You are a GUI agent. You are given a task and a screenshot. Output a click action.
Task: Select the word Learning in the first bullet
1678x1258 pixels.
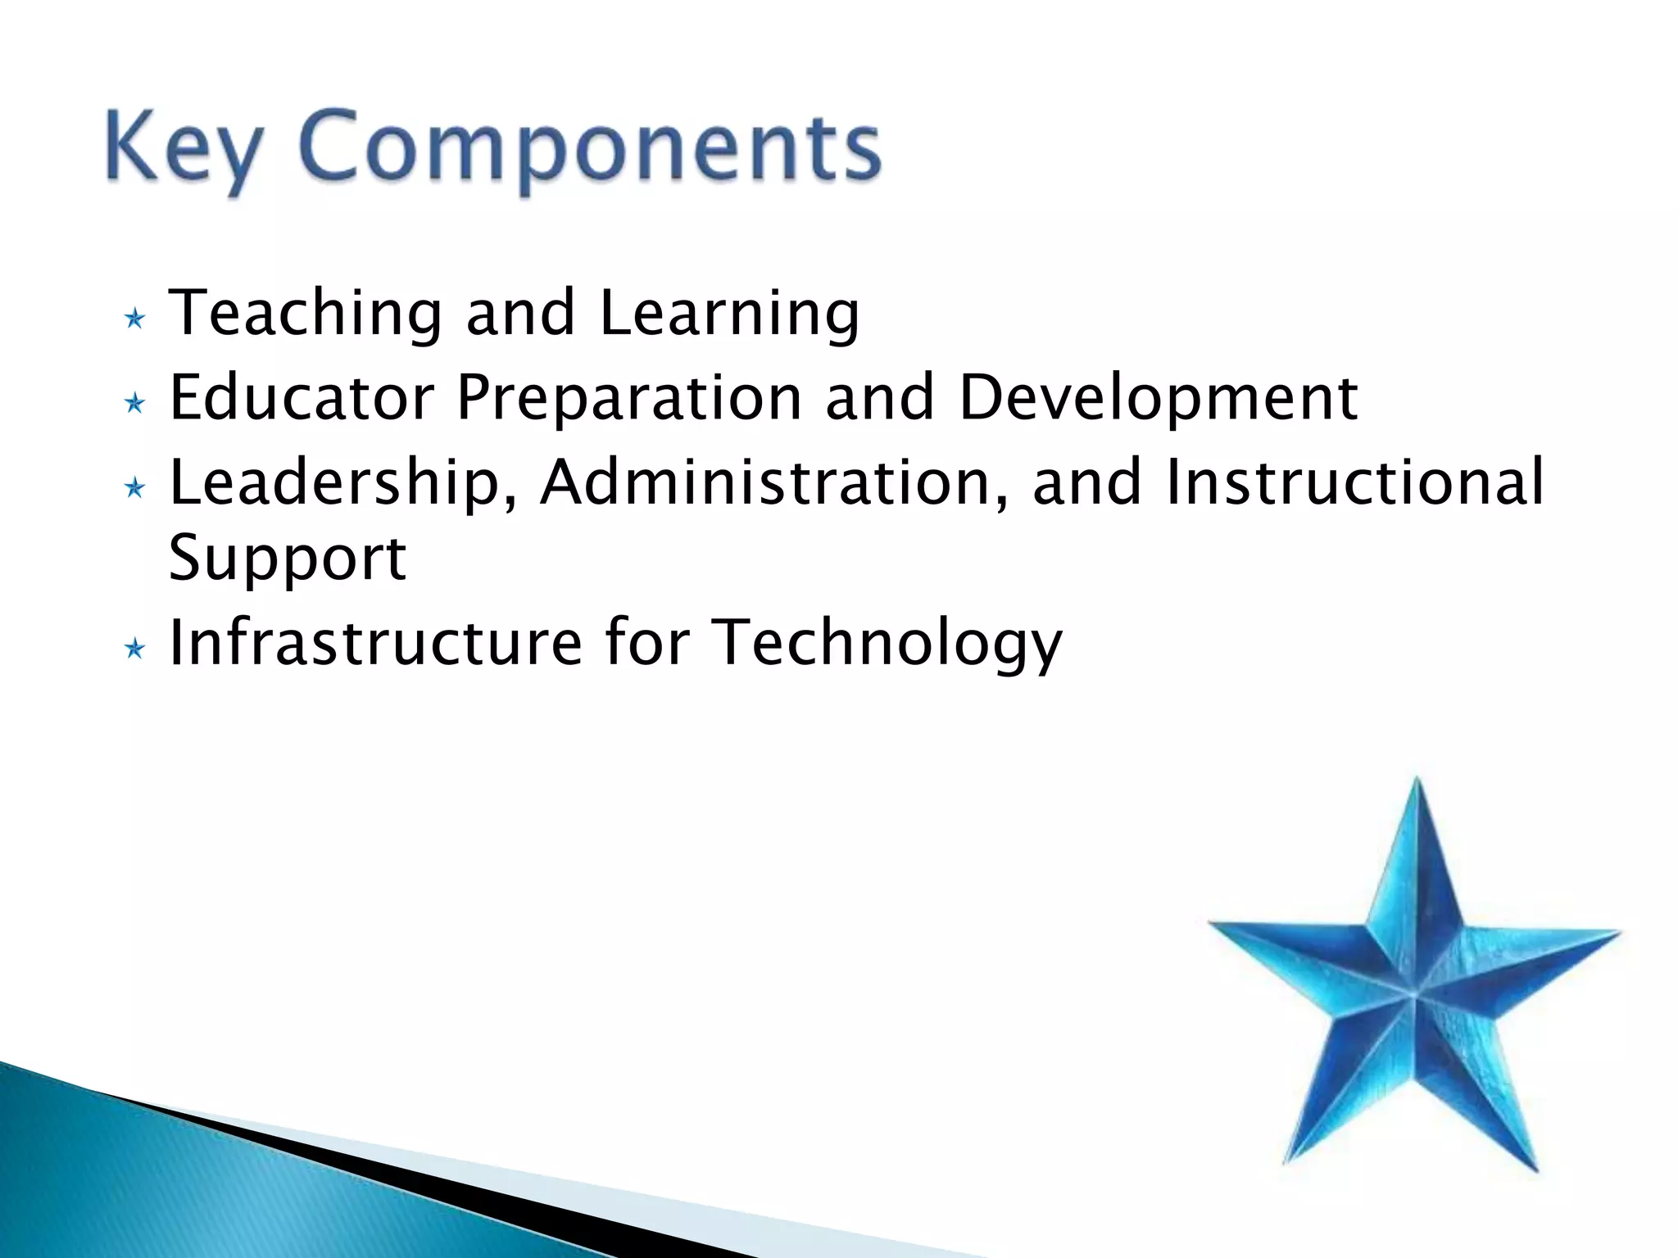coord(729,314)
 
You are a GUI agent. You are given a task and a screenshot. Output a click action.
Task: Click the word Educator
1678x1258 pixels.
coord(301,398)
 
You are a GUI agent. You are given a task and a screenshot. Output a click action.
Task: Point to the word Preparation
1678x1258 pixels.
coord(628,398)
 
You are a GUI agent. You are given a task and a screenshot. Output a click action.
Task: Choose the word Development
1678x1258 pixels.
coord(1158,398)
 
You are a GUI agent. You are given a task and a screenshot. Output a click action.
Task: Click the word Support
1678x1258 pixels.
coord(287,559)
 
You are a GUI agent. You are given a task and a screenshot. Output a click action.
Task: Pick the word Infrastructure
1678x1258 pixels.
coord(375,643)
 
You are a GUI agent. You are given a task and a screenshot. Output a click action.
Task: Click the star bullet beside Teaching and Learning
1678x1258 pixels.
coord(135,319)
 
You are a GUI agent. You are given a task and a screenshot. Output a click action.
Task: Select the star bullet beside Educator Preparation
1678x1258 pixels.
coord(135,403)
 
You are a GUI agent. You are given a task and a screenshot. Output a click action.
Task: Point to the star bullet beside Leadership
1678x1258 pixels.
coord(135,489)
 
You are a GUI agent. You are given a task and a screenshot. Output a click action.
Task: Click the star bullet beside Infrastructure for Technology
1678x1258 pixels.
coord(135,649)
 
